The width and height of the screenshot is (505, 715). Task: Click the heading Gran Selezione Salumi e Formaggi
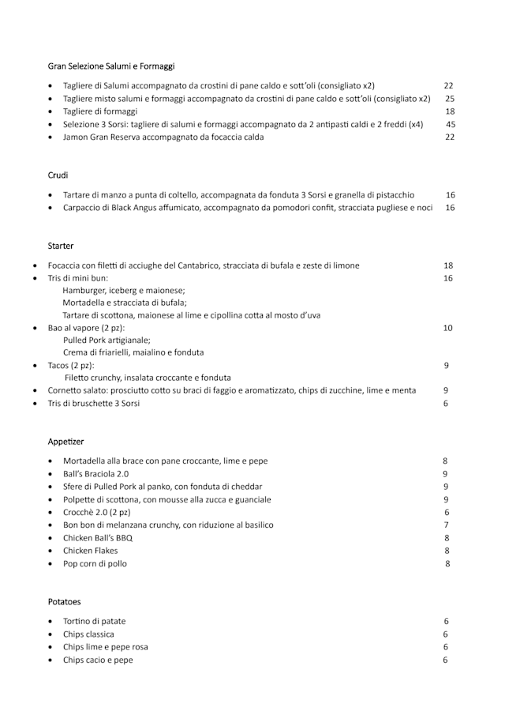(x=111, y=66)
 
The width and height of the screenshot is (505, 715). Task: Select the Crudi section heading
(x=58, y=175)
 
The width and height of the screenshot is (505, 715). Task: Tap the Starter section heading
(x=61, y=246)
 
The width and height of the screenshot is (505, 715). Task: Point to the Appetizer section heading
(x=65, y=441)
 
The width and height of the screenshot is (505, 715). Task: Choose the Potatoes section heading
(x=64, y=601)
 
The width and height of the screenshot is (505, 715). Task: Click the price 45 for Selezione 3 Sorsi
(x=450, y=124)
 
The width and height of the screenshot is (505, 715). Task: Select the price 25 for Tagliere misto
(x=450, y=99)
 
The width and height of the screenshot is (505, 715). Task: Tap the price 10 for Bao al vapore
(x=447, y=327)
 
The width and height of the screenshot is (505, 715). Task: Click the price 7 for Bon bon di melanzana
(x=446, y=525)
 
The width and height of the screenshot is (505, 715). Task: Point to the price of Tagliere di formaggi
(x=450, y=111)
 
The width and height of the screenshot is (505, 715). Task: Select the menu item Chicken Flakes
(x=90, y=551)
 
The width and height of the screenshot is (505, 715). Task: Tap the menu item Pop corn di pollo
(x=95, y=564)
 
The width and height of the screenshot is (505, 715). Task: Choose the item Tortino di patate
(x=94, y=621)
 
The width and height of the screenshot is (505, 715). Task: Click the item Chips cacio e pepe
(x=98, y=660)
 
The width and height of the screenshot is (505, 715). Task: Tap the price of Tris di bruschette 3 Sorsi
(x=446, y=403)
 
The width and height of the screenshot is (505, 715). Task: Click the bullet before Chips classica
(x=50, y=634)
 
